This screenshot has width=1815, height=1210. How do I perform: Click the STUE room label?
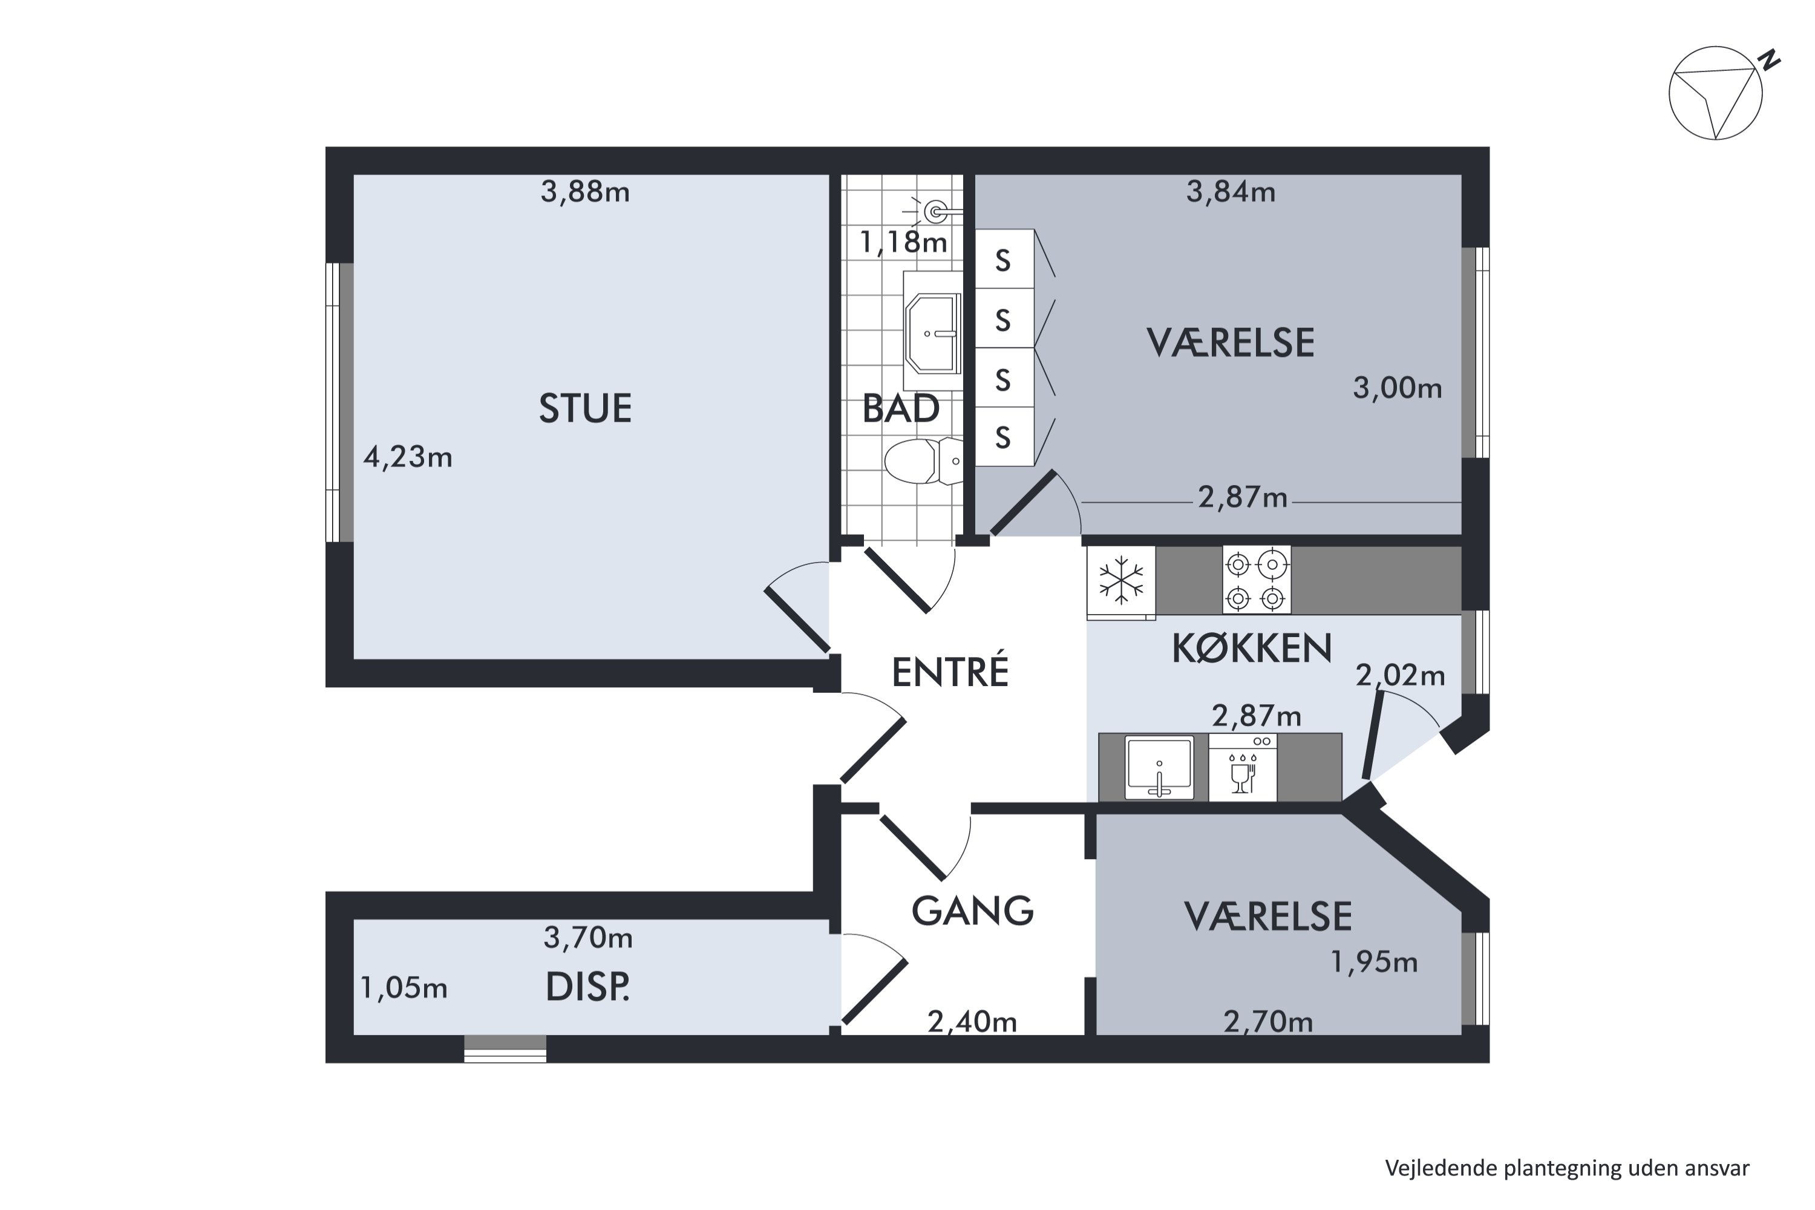(x=585, y=408)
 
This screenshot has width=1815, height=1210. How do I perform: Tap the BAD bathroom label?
(x=901, y=408)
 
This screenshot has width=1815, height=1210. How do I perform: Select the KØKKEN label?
(x=1252, y=648)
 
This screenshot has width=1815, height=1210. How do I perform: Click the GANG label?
(x=972, y=911)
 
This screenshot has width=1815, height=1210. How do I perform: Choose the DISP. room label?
(x=587, y=987)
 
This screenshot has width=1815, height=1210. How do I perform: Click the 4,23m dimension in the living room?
(x=407, y=457)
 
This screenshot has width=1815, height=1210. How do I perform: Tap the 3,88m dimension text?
(x=585, y=191)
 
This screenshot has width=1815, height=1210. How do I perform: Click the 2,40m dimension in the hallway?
(x=972, y=1022)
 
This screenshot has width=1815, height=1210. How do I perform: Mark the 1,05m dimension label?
(x=404, y=988)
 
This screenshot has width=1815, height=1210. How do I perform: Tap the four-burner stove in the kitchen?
(x=1257, y=580)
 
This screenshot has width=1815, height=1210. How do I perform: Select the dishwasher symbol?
(x=1243, y=767)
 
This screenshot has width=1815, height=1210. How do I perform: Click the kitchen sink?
(x=1159, y=767)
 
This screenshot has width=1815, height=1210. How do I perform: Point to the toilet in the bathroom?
(x=924, y=462)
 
